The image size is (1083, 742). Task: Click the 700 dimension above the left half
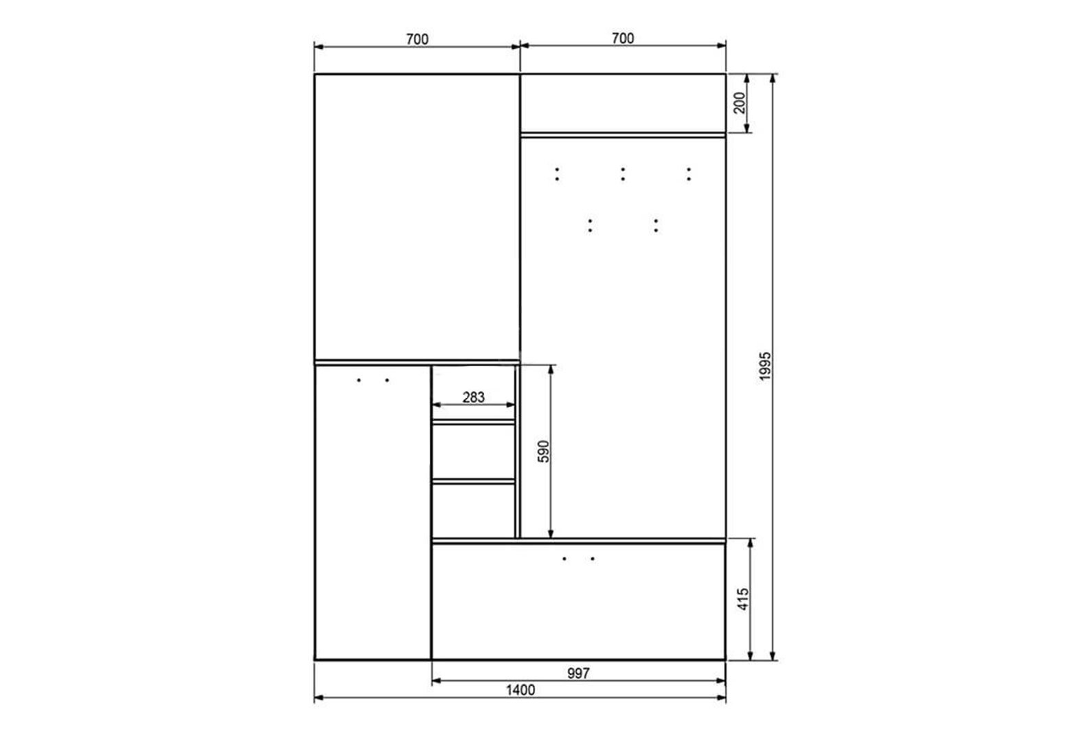418,39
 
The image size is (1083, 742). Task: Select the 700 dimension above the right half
623,38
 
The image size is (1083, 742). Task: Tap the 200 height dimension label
740,102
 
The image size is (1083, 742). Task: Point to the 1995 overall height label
765,366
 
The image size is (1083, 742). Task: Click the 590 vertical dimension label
544,451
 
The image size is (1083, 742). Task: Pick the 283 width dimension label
473,397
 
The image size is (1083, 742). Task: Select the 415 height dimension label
743,599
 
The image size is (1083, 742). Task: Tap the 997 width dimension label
578,673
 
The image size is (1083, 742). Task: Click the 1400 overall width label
521,690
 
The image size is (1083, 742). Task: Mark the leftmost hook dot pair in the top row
557,174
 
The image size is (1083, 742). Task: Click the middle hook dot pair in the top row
623,174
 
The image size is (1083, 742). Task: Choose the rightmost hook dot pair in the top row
689,174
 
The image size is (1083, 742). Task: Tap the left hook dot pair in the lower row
590,225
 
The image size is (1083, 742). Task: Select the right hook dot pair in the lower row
656,225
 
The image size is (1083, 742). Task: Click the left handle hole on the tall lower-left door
358,380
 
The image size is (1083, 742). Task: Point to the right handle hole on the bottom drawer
593,559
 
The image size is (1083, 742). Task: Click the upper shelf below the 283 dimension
473,423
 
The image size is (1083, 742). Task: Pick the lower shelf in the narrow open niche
473,482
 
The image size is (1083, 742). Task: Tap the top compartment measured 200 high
623,103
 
